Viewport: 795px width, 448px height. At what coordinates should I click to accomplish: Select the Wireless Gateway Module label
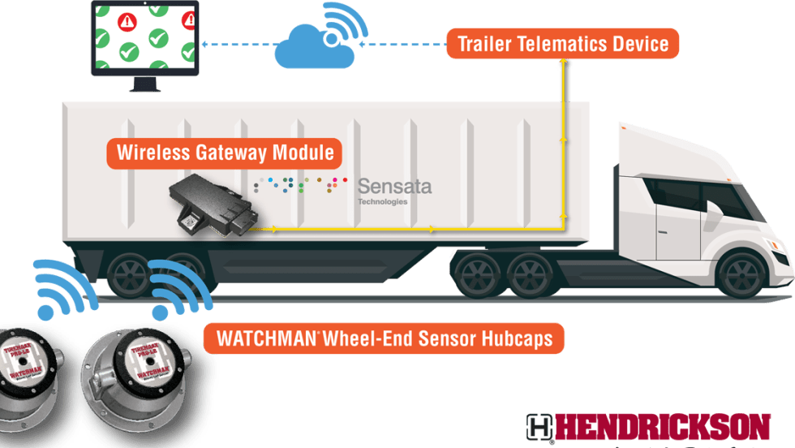coord(224,153)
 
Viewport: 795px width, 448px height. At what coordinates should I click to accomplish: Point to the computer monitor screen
coord(145,37)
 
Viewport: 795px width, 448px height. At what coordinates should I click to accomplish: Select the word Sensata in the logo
coord(394,187)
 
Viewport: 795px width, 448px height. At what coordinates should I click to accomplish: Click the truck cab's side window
coord(678,194)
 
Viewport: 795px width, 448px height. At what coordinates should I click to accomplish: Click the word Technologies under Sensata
coord(383,202)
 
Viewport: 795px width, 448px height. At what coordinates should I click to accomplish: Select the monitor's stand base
coord(144,85)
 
